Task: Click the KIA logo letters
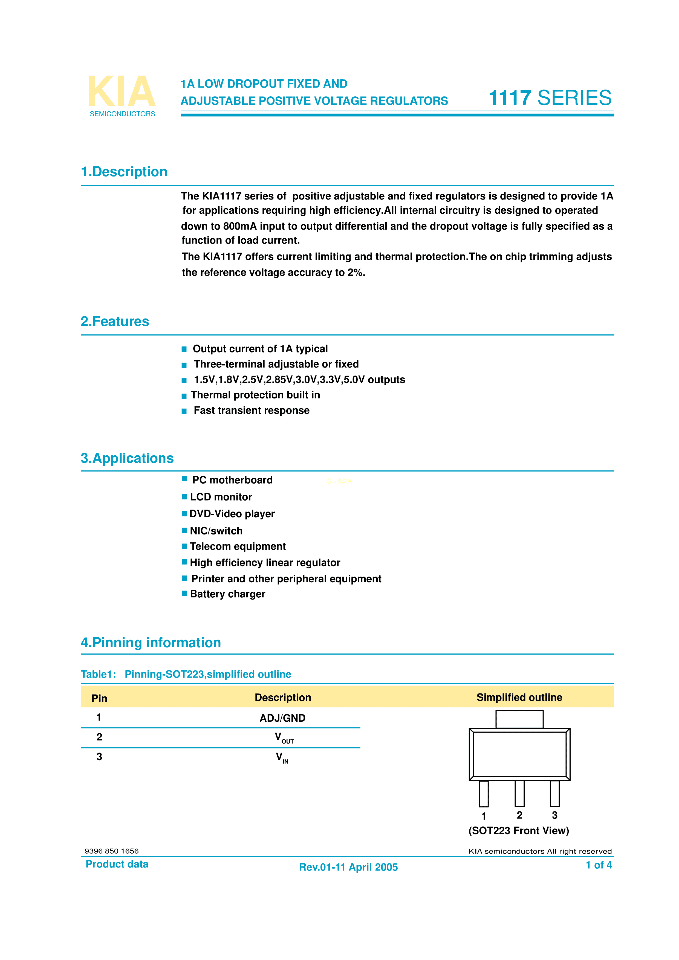coord(121,91)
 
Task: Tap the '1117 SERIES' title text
coord(550,98)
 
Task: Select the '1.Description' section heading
coord(124,172)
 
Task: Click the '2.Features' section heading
coord(115,322)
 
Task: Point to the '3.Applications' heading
coord(127,458)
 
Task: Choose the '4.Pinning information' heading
coord(151,643)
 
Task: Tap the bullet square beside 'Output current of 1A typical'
coord(184,349)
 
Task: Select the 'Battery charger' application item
coord(227,594)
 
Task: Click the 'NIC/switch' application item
coord(216,531)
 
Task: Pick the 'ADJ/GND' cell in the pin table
coord(283,718)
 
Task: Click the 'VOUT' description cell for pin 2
coord(284,738)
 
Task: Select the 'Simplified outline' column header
coord(519,697)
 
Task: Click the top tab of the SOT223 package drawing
coord(519,719)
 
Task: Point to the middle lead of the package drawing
coord(519,793)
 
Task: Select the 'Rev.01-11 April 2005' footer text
coord(348,867)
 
